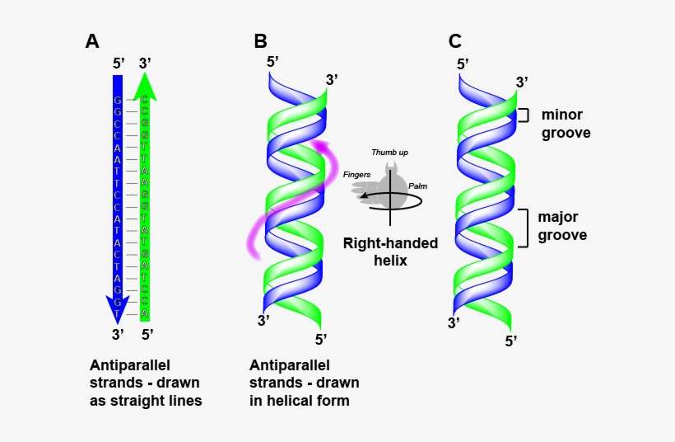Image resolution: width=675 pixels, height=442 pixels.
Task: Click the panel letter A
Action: pos(92,41)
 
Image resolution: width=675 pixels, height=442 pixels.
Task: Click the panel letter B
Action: pos(260,41)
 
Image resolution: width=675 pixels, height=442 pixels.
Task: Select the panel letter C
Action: pos(455,41)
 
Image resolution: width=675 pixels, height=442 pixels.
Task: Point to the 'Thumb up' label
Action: pos(389,153)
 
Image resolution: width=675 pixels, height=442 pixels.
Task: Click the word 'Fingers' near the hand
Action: pos(356,175)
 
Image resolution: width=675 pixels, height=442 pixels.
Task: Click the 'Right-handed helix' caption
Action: pos(390,252)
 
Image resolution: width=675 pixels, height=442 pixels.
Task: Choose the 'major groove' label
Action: pos(562,226)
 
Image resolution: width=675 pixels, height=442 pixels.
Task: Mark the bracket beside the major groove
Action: pos(522,228)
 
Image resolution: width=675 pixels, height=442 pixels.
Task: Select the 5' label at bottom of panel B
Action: pos(321,339)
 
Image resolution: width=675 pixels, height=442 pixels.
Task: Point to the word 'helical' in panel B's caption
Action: pos(281,401)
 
